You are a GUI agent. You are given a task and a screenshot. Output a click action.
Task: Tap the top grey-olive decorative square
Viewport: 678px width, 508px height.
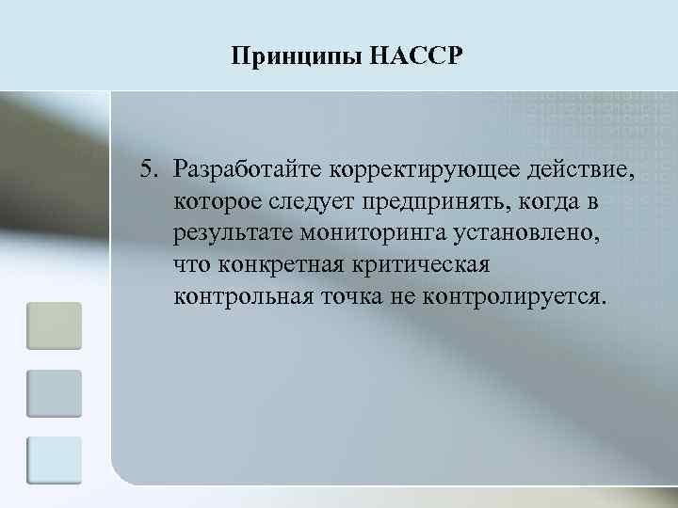[55, 325]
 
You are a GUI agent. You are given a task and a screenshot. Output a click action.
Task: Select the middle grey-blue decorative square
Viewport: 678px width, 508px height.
[55, 392]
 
